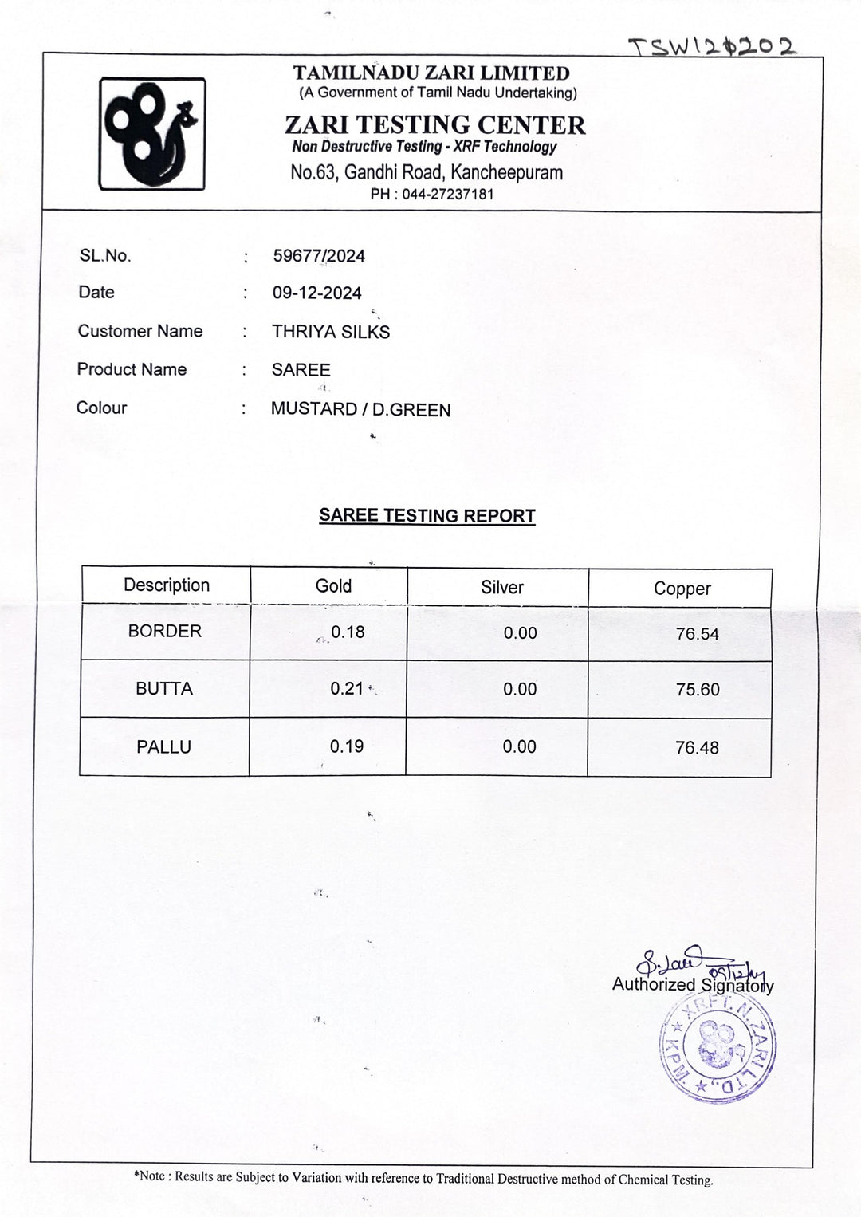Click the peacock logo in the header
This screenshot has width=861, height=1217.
coord(151,133)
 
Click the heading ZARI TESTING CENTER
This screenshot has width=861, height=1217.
coord(434,125)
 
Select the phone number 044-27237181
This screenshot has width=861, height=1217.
coord(447,194)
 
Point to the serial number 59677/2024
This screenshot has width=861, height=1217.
coord(319,256)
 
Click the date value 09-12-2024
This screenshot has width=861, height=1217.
coord(316,293)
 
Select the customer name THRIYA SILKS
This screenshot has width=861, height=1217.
coord(331,332)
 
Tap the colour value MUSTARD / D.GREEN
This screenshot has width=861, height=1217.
coord(360,409)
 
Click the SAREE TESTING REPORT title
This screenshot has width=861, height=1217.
coord(427,515)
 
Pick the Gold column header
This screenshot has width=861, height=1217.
coord(333,586)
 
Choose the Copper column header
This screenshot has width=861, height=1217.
coord(682,589)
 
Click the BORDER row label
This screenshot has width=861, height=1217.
coord(165,631)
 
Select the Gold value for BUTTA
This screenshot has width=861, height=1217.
coord(347,688)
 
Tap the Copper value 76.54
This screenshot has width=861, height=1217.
coord(697,634)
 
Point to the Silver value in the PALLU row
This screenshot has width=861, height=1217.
coord(520,746)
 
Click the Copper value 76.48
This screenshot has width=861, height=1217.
coord(697,748)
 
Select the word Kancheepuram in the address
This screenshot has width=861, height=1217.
coord(506,172)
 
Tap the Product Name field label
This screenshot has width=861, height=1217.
coord(132,369)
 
